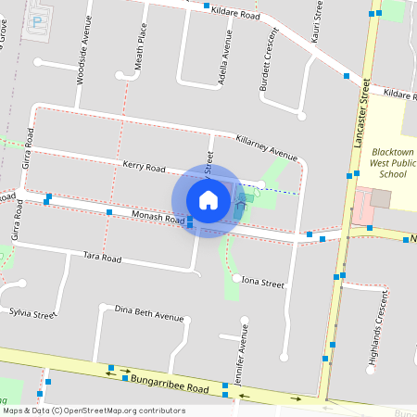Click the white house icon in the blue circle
tap(208, 200)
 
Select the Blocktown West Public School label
tap(386, 162)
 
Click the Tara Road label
tap(102, 257)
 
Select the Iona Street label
tap(262, 282)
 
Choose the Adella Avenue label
tap(224, 59)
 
